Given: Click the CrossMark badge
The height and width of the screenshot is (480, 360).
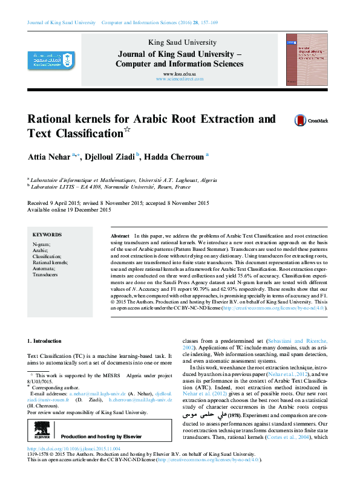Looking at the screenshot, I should click(x=310, y=121).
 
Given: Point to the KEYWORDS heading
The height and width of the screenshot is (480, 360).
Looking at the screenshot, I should click(x=47, y=235).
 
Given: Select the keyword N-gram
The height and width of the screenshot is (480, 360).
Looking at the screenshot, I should click(x=42, y=243).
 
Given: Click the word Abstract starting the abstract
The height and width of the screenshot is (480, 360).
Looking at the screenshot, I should click(x=120, y=235).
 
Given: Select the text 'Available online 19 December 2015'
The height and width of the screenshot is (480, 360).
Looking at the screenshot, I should click(x=70, y=210).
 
